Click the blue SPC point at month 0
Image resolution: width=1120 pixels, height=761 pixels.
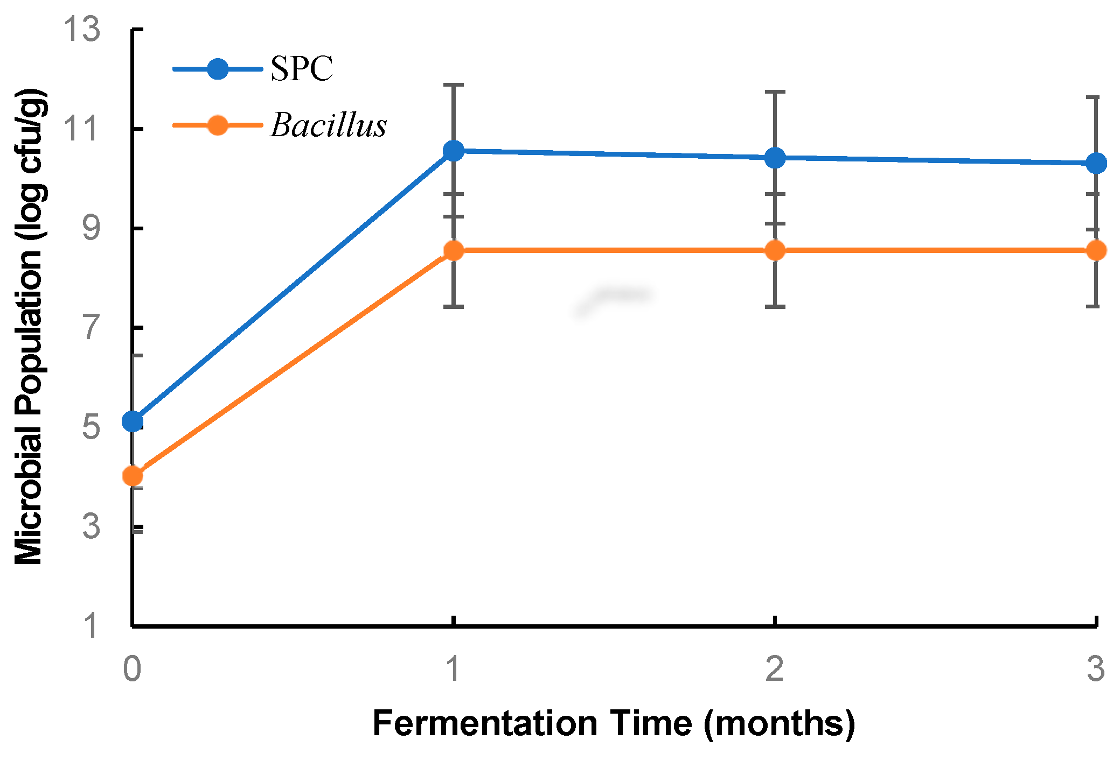pos(133,421)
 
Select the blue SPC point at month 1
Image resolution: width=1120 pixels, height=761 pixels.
pos(454,151)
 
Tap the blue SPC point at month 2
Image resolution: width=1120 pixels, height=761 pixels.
pos(775,158)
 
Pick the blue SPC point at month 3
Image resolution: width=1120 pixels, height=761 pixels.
pos(1096,163)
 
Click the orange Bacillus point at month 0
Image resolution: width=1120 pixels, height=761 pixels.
pos(133,476)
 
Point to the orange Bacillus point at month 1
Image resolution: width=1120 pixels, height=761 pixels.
pos(454,250)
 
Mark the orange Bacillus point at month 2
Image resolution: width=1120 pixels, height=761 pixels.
pos(775,250)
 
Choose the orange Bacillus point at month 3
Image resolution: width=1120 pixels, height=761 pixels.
pos(1096,250)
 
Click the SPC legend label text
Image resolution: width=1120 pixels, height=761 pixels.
pos(301,69)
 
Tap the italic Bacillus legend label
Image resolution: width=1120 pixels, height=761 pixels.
pos(328,125)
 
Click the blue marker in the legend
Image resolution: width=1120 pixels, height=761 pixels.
pos(218,69)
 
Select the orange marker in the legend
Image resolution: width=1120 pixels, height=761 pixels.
pos(218,125)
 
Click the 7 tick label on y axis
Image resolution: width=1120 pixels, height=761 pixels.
pos(92,328)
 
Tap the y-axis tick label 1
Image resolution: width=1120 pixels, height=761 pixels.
pos(92,626)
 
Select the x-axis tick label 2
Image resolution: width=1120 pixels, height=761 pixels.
pos(775,669)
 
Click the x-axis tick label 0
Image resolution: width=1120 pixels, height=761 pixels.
pos(133,669)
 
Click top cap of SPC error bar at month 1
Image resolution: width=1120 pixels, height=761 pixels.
pos(454,85)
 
